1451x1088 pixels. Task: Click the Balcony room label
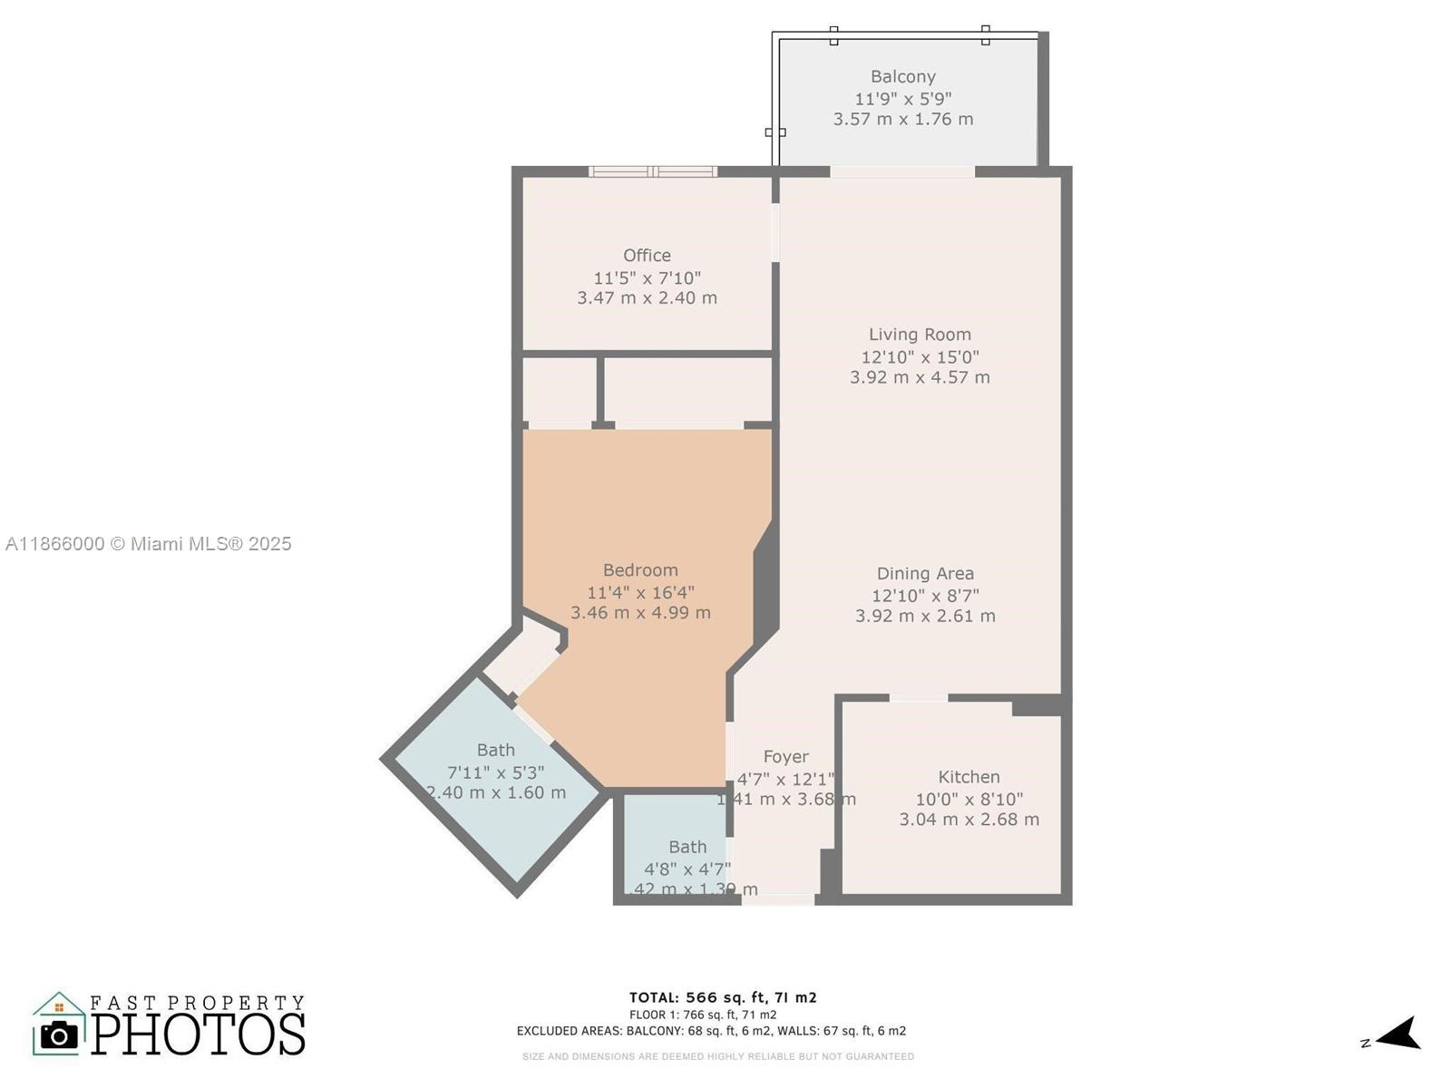point(902,77)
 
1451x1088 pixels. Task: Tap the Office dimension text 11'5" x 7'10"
point(647,277)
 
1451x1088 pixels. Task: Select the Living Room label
point(920,335)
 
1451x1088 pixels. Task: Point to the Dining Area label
point(925,573)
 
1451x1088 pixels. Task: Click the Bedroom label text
point(640,570)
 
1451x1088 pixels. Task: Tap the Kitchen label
point(969,777)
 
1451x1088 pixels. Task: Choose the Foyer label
point(785,756)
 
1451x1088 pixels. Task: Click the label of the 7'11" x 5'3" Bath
point(495,750)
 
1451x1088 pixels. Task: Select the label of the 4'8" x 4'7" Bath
point(687,847)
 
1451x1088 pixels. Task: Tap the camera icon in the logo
point(60,1035)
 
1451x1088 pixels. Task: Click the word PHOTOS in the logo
point(198,1034)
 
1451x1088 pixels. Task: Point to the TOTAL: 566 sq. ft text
point(723,997)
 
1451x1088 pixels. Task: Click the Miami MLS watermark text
point(149,544)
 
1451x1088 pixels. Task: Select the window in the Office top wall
point(652,171)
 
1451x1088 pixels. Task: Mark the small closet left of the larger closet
point(559,390)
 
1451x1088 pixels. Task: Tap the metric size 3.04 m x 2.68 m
point(969,820)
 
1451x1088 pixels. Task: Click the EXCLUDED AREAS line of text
point(711,1031)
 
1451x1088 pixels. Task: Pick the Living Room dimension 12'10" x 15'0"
point(920,357)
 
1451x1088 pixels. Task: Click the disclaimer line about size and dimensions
point(717,1056)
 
